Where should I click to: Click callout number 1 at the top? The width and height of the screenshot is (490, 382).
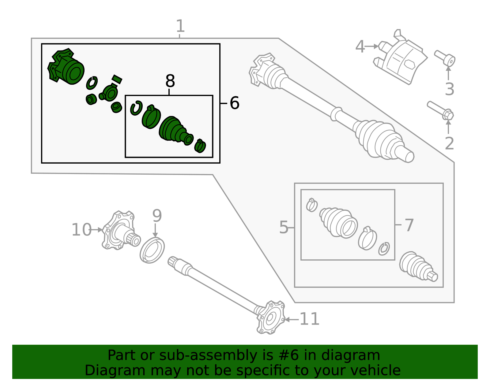(x=180, y=26)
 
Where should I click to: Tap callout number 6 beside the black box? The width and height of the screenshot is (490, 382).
(x=234, y=103)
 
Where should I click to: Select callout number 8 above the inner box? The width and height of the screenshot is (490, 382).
(x=170, y=82)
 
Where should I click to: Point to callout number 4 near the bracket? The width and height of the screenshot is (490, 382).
(x=360, y=47)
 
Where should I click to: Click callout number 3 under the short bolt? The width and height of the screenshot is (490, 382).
(x=449, y=89)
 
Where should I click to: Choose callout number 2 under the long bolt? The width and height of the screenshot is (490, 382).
(x=449, y=143)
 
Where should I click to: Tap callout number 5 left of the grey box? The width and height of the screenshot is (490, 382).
(x=284, y=228)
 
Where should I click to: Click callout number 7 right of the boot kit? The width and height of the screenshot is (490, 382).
(x=409, y=225)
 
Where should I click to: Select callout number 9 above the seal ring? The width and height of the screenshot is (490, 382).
(x=157, y=216)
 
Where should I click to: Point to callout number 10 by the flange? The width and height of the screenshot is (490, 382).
(x=81, y=230)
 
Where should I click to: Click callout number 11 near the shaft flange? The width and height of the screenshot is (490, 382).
(x=309, y=319)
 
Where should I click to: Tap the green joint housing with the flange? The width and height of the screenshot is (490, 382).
(x=66, y=67)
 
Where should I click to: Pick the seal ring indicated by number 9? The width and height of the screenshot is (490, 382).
(x=152, y=250)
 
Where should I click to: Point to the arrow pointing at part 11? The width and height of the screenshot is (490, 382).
(x=291, y=319)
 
